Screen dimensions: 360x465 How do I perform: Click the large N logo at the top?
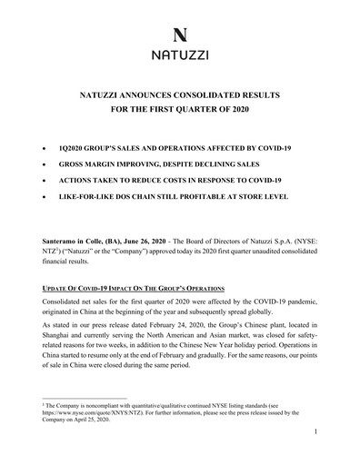(180, 35)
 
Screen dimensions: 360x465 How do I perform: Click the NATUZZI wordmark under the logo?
(180, 56)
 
